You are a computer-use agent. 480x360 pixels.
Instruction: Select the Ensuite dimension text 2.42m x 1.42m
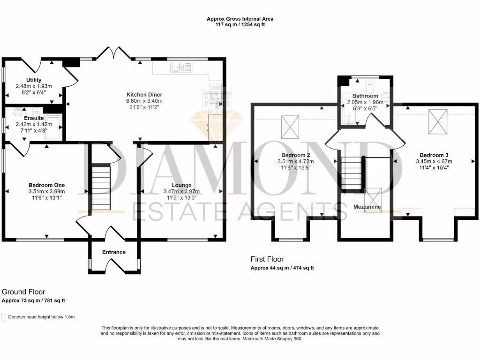(34, 124)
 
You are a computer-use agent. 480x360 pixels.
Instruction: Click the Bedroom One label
(46, 185)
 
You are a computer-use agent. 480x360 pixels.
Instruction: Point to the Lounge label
(181, 185)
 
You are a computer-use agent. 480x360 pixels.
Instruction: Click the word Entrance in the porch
(114, 252)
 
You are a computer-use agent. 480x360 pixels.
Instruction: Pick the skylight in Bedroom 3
(439, 123)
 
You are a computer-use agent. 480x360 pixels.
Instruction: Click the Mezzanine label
(367, 207)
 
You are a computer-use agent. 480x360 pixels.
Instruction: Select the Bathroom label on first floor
(365, 96)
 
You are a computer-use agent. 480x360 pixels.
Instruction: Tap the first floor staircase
(351, 173)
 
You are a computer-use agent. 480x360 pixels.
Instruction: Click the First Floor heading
(268, 259)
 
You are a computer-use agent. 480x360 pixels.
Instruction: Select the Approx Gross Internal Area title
(240, 19)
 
